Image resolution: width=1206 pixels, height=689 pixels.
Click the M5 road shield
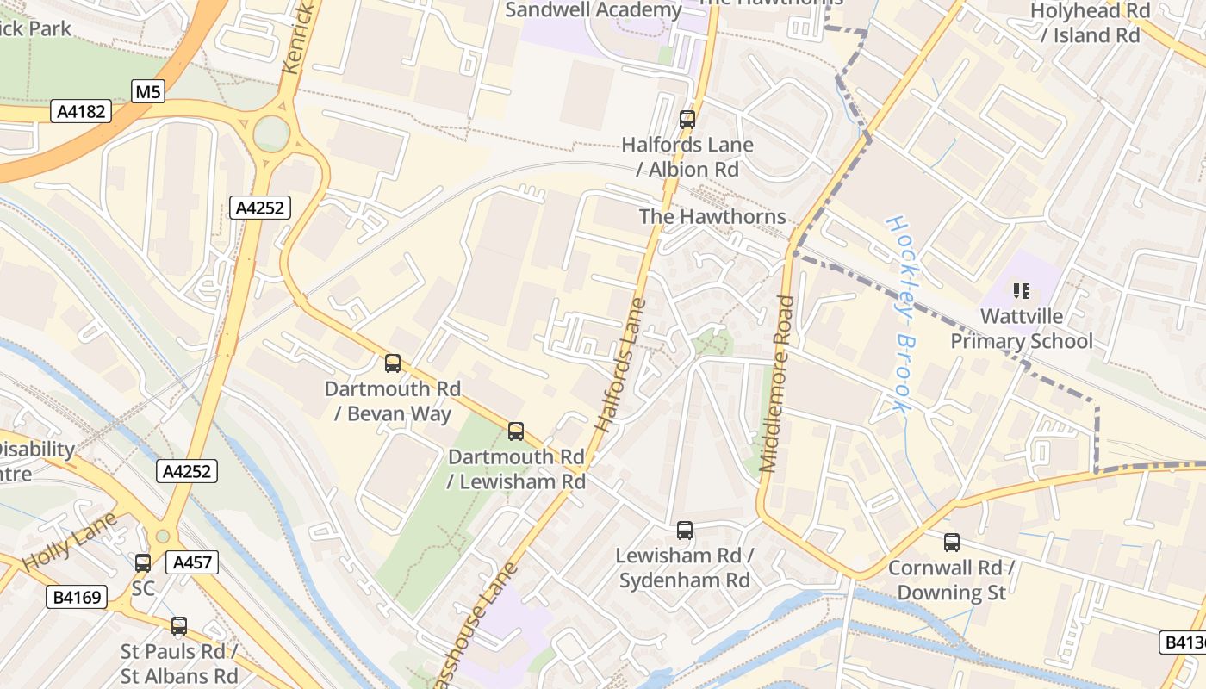tap(148, 91)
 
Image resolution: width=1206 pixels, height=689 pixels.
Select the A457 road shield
tap(190, 562)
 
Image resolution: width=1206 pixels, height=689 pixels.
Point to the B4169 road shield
tap(77, 597)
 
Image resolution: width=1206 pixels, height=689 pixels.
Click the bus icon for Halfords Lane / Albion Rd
tap(687, 120)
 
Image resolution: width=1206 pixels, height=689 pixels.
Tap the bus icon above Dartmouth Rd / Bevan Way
tap(393, 363)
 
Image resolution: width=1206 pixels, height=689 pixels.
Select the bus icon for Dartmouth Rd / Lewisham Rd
tap(515, 431)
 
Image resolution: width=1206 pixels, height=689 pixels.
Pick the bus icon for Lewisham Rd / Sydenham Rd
tap(685, 531)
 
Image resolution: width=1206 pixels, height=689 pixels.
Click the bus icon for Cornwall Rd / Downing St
tap(951, 543)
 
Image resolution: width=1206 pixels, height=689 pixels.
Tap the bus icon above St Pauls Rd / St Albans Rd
tap(179, 626)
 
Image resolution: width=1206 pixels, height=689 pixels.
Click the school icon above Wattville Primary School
tap(1022, 291)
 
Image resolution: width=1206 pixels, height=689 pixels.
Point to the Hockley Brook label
tap(898, 313)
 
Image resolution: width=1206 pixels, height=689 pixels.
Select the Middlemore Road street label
tap(778, 384)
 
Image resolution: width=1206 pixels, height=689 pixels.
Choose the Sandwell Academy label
tap(594, 10)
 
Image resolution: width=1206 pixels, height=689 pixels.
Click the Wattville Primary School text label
tap(1022, 329)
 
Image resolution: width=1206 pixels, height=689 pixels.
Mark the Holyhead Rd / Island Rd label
tap(1091, 23)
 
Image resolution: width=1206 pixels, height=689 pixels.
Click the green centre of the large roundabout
tap(271, 133)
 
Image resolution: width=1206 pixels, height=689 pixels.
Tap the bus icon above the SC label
tap(143, 563)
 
